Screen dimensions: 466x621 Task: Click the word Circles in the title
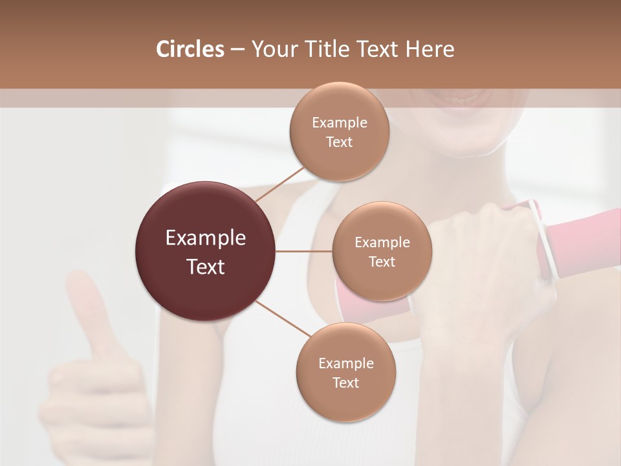tap(190, 49)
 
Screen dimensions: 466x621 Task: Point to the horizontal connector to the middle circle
tap(304, 251)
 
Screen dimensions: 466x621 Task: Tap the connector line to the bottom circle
tap(282, 318)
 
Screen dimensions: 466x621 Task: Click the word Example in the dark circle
tap(206, 238)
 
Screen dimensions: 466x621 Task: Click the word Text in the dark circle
tap(206, 267)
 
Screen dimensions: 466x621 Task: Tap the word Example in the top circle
tap(340, 123)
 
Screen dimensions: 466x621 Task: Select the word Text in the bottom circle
tap(345, 383)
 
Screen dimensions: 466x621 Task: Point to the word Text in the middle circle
tap(382, 262)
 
